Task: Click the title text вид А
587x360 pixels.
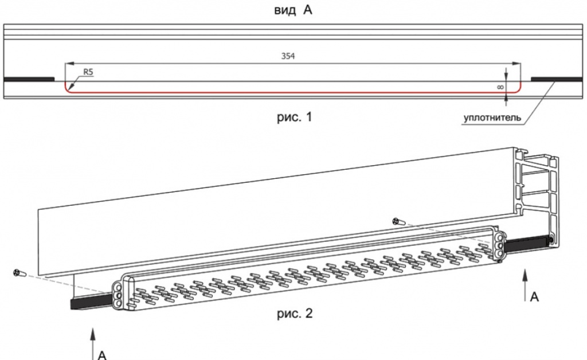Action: coord(293,11)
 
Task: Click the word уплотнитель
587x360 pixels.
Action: coord(492,119)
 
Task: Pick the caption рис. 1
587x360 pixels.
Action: coord(292,118)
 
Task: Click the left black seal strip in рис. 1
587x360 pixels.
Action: coord(29,80)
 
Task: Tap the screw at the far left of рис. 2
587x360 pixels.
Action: coord(19,273)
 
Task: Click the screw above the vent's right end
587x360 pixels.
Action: coord(397,221)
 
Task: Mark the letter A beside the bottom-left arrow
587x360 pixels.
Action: coord(103,353)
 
